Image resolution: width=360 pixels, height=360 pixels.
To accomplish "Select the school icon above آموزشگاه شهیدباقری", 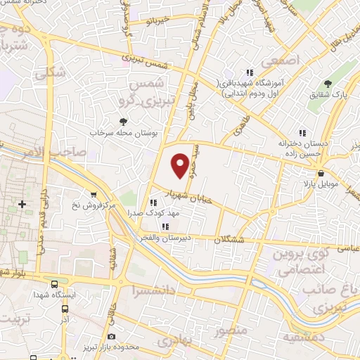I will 248,72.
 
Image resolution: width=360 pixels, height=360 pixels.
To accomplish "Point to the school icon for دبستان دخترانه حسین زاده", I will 302,132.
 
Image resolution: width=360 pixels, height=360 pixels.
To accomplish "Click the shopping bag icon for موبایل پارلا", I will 321,174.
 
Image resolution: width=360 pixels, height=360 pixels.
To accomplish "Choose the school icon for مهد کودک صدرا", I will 153,202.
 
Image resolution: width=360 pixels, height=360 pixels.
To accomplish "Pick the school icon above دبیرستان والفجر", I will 165,226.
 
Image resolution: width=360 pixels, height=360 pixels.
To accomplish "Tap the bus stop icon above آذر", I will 65,308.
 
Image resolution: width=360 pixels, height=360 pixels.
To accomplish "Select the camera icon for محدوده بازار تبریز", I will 112,337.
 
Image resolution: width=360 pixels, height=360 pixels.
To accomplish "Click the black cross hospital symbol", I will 22,204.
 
